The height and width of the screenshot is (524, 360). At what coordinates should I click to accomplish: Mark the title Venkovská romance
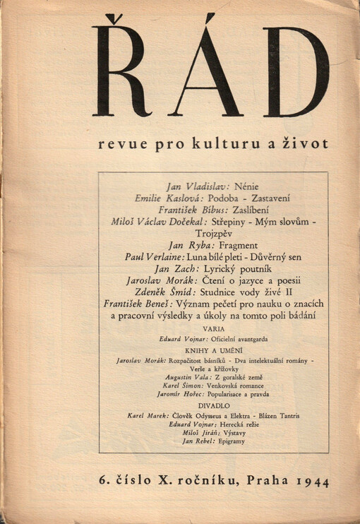point(238,388)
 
